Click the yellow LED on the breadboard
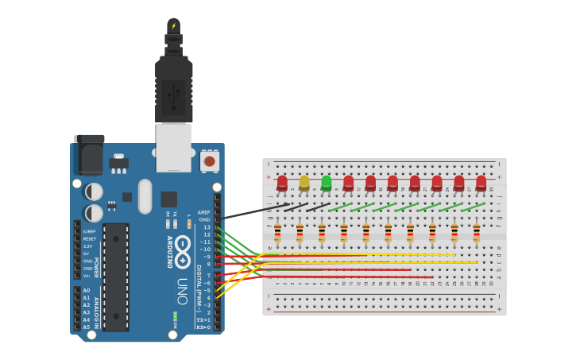tap(304, 184)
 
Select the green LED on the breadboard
tap(326, 184)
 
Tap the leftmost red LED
tap(282, 184)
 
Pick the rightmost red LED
tap(481, 184)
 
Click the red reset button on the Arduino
tap(209, 161)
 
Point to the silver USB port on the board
tap(173, 147)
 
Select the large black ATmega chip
tap(115, 277)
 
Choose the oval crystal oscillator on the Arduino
tap(145, 195)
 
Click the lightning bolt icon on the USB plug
tap(173, 25)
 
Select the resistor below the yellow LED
tap(300, 233)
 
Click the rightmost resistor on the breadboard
tap(476, 233)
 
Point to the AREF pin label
tap(204, 212)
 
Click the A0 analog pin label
tap(87, 290)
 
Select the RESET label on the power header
tap(89, 238)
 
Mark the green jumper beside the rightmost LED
tap(475, 206)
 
